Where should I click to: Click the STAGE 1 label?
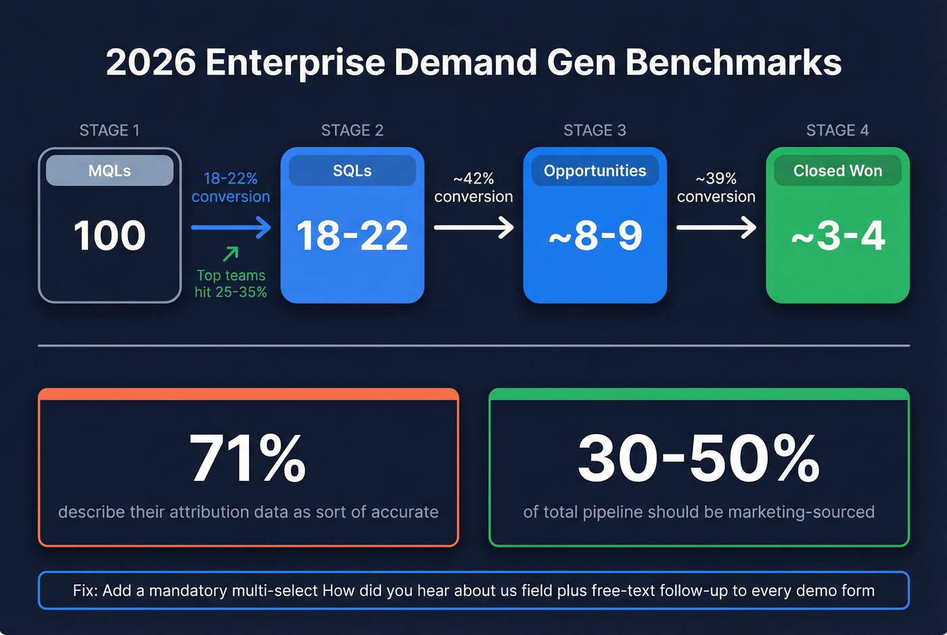coord(110,131)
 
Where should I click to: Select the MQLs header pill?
coord(110,170)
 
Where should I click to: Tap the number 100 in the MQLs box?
coord(110,235)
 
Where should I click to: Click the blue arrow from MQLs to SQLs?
coord(231,227)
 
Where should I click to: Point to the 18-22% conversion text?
coord(231,187)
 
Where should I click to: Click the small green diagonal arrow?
coord(231,254)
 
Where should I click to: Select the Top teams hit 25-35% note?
coord(231,284)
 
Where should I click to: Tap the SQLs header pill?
coord(352,170)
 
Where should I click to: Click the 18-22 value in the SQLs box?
coord(352,235)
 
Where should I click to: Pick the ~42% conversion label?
coord(473,187)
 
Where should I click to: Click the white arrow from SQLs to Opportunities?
coord(473,227)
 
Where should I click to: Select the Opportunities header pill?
coord(595,170)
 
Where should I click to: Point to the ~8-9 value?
coord(595,235)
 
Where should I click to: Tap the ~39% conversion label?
coord(716,187)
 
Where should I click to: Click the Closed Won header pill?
coord(837,170)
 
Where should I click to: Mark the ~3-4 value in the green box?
coord(837,235)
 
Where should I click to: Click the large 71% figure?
coord(248,459)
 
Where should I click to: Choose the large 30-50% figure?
coord(699,459)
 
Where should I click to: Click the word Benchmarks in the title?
coord(733,63)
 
